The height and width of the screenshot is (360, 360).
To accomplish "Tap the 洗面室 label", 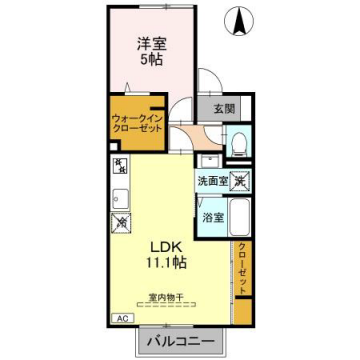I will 210,182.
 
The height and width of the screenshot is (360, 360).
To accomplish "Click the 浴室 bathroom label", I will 211,216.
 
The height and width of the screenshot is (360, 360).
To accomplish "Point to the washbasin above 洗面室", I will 209,161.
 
